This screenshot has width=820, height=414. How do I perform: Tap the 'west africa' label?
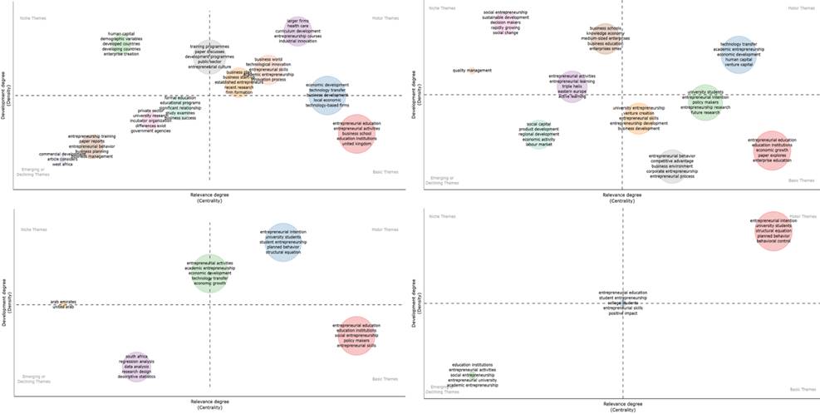click(62, 165)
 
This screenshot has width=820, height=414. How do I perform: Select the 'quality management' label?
click(472, 70)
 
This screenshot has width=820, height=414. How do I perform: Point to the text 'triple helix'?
click(572, 86)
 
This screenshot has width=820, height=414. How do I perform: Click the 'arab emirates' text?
click(63, 302)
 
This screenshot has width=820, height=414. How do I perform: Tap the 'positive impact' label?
click(622, 313)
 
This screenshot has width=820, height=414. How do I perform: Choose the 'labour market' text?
click(539, 145)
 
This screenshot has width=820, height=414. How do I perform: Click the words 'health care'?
click(297, 26)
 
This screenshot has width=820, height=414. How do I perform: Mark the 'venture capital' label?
click(743, 64)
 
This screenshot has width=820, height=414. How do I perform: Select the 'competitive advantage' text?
click(672, 160)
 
